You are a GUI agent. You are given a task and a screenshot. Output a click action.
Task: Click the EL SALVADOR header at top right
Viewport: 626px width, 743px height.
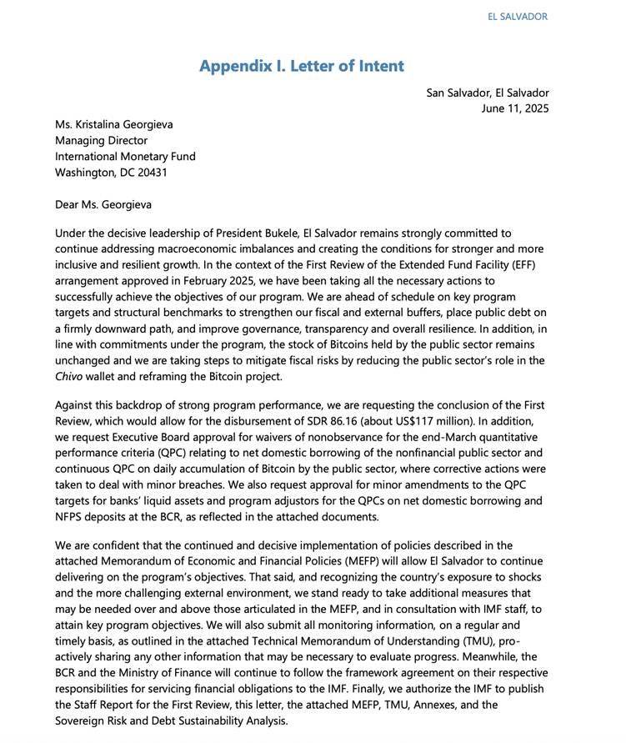518,17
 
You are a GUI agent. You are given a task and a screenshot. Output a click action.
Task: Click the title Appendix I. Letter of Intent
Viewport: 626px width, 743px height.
301,67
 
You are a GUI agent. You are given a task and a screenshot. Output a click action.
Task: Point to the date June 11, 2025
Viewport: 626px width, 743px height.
514,108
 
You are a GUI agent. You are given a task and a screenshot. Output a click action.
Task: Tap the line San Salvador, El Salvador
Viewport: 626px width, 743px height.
488,93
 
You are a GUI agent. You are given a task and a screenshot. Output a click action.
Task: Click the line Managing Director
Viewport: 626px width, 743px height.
101,141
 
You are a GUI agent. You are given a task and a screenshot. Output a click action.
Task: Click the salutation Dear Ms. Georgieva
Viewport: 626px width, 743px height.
103,204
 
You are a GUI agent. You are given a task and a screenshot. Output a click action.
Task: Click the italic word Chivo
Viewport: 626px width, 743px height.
70,377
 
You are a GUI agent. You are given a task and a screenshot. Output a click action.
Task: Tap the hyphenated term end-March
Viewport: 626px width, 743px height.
448,437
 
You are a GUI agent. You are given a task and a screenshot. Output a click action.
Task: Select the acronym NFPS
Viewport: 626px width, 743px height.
70,517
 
